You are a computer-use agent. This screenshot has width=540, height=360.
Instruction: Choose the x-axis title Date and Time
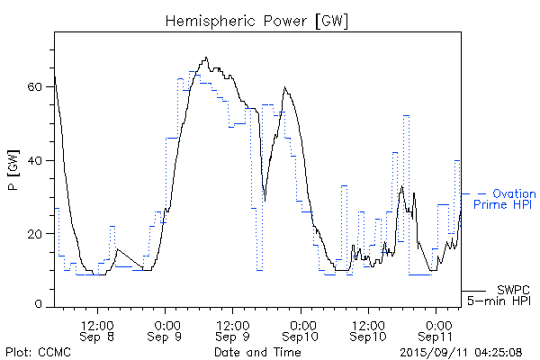[256, 352]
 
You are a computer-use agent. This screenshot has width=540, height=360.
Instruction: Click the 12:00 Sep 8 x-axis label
[97, 329]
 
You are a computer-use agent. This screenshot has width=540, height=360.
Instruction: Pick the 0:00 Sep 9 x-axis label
[166, 329]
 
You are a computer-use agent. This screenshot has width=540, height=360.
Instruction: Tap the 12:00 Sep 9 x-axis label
[233, 329]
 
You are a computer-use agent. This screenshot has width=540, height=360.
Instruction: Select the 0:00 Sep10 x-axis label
[302, 329]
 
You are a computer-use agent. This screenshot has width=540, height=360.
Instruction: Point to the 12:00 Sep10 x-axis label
[369, 329]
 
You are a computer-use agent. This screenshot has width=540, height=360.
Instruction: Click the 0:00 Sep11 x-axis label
[437, 329]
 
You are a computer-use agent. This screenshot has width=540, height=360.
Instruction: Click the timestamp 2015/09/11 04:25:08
[461, 352]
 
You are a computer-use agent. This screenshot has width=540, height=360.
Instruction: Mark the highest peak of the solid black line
[206, 58]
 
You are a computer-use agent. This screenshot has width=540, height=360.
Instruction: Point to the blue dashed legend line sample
[474, 193]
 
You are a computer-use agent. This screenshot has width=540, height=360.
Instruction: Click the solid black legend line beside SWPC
[474, 291]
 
